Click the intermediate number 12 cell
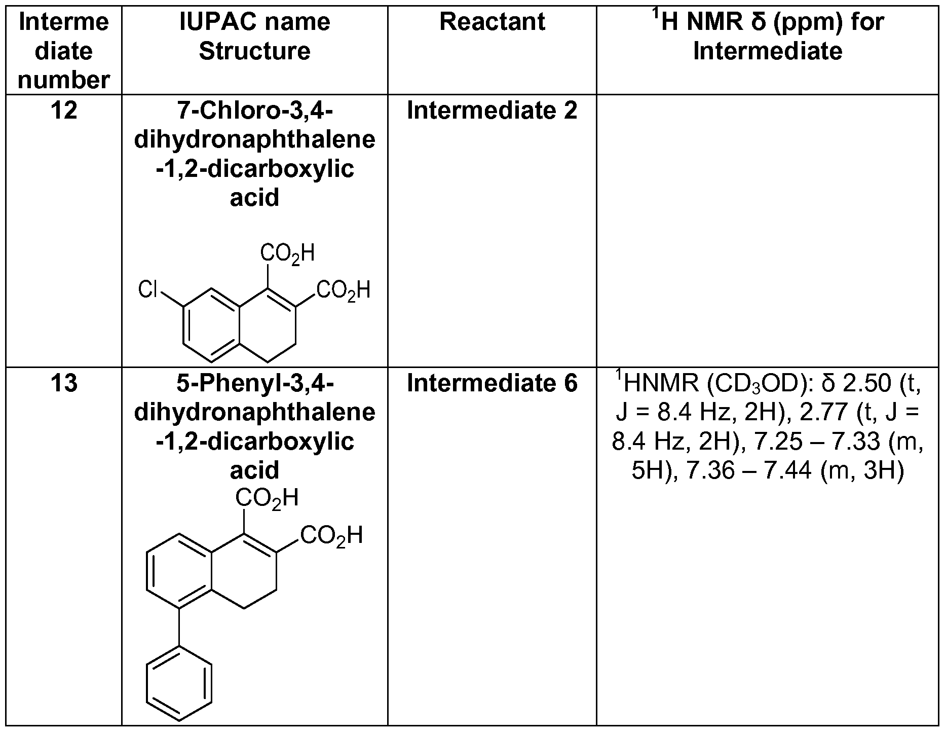pos(64,111)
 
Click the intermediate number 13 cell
pos(64,383)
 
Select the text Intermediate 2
pos(492,111)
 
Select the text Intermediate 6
pos(492,383)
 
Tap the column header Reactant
pos(492,22)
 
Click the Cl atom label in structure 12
pos(148,290)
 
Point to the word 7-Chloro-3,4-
pos(254,111)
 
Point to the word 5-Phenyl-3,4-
pos(254,383)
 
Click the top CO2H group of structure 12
pos(287,253)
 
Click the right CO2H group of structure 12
pos(343,290)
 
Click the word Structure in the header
pos(254,51)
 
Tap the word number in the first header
pos(64,80)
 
